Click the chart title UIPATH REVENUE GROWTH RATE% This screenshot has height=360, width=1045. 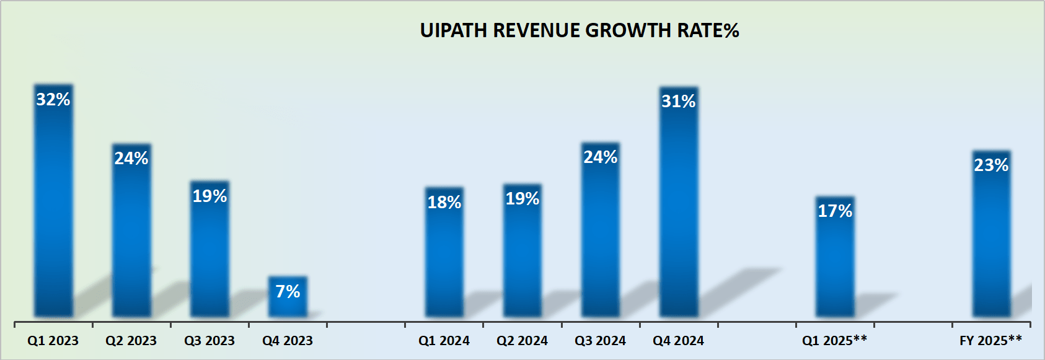pos(580,30)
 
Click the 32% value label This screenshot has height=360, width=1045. pos(53,99)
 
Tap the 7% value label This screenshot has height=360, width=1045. pos(288,291)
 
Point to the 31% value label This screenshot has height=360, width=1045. pos(679,101)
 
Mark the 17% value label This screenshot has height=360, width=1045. pos(835,211)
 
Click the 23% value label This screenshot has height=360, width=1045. pos(991,165)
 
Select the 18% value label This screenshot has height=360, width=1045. pos(444,202)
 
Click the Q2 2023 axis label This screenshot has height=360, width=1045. pos(131,340)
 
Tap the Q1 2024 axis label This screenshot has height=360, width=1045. pos(444,340)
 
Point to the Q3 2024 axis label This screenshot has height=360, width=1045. pos(600,340)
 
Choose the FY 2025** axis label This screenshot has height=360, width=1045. pos(990,340)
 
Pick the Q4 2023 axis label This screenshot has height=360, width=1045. pos(288,340)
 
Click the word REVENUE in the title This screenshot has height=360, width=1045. pos(537,30)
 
